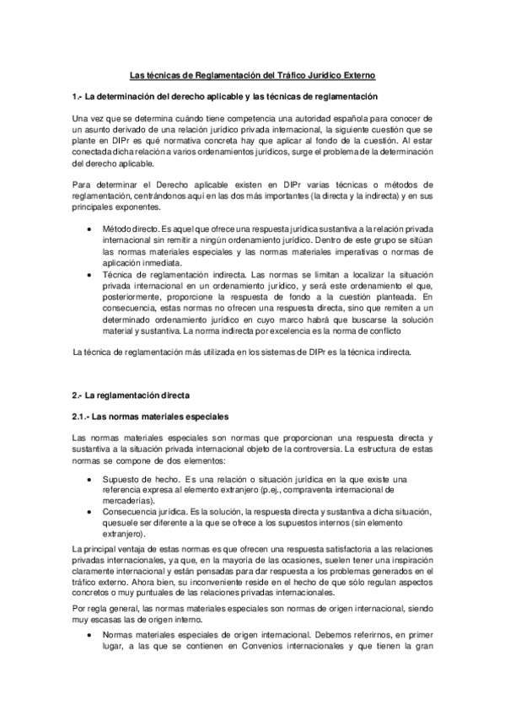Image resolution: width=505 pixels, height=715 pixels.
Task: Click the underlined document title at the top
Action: coord(252,74)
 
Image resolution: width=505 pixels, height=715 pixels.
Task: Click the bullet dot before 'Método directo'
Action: coord(91,229)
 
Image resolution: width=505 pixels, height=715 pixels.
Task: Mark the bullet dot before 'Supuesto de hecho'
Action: coord(91,479)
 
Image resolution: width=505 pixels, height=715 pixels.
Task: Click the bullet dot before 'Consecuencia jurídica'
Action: coord(91,512)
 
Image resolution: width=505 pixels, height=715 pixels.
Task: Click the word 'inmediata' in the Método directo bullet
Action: coord(170,263)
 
